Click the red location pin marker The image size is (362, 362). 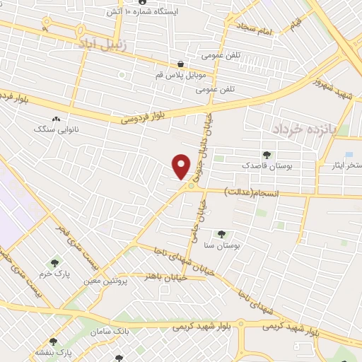click(182, 165)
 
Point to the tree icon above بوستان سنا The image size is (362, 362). click(221, 233)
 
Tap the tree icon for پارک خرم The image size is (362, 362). click(54, 264)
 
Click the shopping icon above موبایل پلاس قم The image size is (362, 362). click(182, 63)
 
